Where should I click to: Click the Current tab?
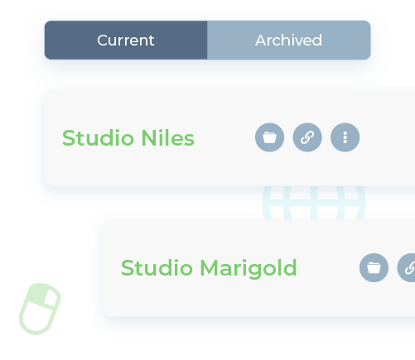125,41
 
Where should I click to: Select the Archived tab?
288,41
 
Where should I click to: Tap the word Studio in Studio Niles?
98,137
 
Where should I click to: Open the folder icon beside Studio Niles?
269,137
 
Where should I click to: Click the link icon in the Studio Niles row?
307,137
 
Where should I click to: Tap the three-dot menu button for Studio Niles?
345,137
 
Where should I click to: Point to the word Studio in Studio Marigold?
157,268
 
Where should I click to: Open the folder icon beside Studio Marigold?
374,267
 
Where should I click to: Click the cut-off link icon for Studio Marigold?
408,267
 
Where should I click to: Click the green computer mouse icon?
40,309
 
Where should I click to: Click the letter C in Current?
102,41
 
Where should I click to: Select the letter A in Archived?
260,41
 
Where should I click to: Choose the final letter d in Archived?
317,41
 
